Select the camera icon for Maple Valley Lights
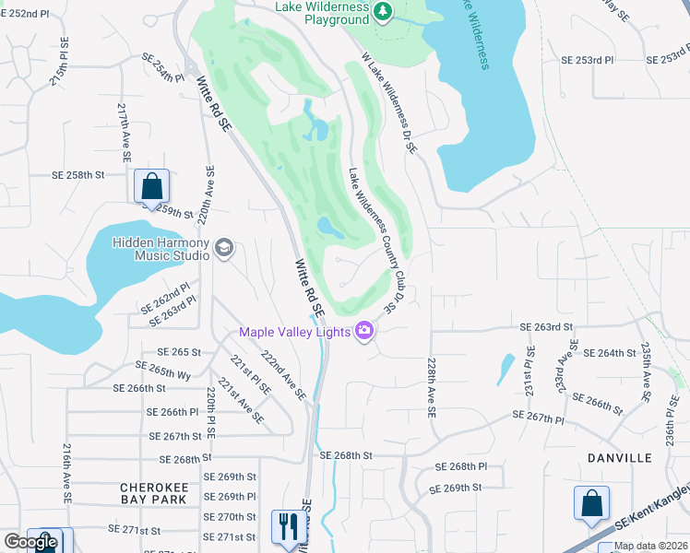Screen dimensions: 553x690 click(x=364, y=331)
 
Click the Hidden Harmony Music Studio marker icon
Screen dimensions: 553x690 click(x=223, y=247)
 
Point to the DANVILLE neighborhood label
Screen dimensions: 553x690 click(x=618, y=457)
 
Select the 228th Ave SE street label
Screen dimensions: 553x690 click(x=431, y=388)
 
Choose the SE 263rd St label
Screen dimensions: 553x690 click(x=546, y=326)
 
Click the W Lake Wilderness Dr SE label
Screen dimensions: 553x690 click(x=390, y=102)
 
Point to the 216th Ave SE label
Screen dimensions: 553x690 click(x=67, y=472)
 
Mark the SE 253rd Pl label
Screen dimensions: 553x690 click(x=588, y=59)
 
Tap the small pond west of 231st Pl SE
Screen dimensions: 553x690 click(x=506, y=369)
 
